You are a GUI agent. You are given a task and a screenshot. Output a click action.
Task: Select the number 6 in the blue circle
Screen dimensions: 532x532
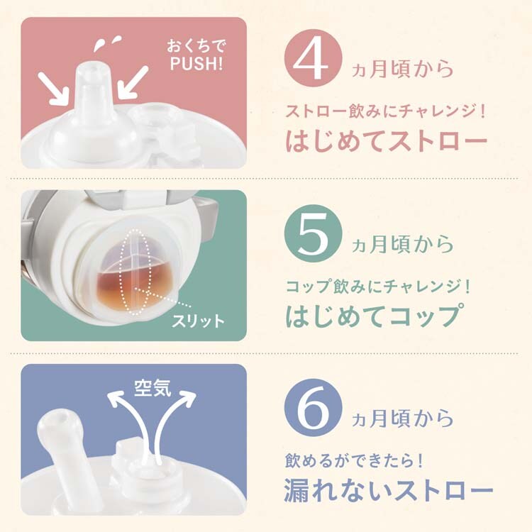click(x=313, y=410)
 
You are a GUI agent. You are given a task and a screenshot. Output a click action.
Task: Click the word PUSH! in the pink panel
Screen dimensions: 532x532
click(x=196, y=64)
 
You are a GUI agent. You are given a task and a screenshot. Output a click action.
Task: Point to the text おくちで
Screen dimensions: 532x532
click(x=196, y=46)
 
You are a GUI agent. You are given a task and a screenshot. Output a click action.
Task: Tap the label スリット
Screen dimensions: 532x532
click(x=198, y=321)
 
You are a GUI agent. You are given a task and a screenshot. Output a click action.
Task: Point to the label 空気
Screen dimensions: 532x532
click(x=153, y=387)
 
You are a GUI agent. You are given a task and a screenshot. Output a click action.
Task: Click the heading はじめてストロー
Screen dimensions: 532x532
click(x=387, y=140)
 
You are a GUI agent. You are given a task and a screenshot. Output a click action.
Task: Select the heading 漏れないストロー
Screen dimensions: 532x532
click(x=388, y=490)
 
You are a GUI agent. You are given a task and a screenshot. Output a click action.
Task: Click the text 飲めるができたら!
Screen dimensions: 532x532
click(x=354, y=461)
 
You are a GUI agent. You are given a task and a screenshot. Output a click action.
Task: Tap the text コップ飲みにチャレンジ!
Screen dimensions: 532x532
click(x=377, y=287)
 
